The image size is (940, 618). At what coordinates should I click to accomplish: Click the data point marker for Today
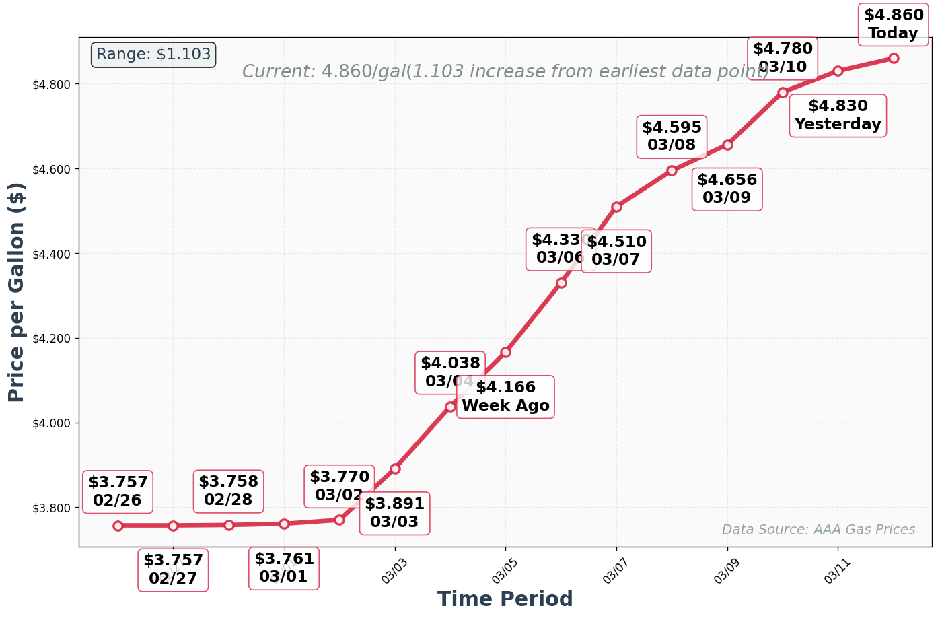[893, 58]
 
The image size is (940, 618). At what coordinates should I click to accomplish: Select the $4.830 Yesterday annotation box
[837, 116]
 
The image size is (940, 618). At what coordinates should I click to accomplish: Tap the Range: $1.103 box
[153, 55]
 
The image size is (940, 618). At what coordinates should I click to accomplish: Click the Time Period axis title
[505, 598]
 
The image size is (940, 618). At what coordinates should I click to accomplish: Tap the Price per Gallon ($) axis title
[17, 291]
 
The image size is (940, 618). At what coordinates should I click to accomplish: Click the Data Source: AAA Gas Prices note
[818, 530]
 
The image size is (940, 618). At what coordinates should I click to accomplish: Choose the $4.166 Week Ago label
[505, 397]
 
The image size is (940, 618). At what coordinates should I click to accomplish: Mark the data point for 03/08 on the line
[672, 170]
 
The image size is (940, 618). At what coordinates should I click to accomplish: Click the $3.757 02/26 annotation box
[118, 491]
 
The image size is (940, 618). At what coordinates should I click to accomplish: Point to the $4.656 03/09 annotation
[727, 189]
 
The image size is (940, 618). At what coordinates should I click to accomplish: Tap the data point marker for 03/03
[395, 469]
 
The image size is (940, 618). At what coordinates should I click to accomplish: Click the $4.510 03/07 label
[616, 250]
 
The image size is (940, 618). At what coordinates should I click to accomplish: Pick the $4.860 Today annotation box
[893, 24]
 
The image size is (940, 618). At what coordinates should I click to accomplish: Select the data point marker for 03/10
[782, 92]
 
